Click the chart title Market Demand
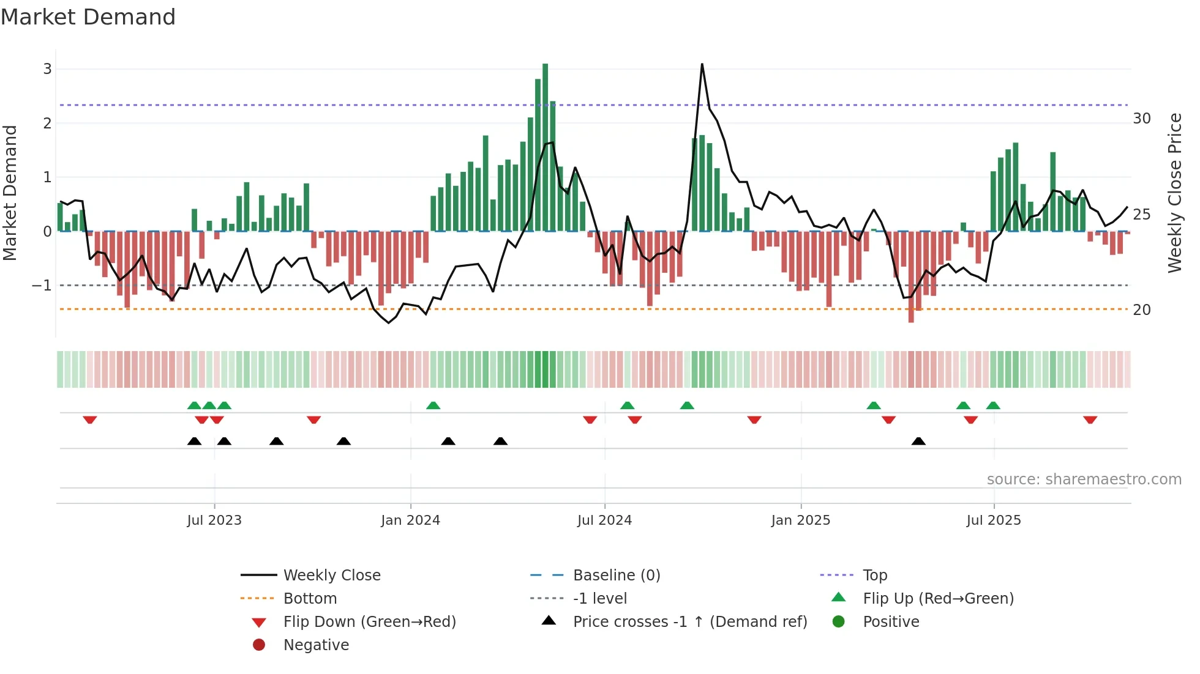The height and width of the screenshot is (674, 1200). pyautogui.click(x=88, y=17)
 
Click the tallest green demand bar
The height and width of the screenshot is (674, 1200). pyautogui.click(x=545, y=147)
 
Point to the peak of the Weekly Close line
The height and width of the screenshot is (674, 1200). pyautogui.click(x=702, y=64)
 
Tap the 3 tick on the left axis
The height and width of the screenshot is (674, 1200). pyautogui.click(x=47, y=69)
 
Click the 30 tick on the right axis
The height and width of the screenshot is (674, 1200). pyautogui.click(x=1142, y=119)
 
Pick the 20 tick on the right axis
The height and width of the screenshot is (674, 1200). pyautogui.click(x=1142, y=310)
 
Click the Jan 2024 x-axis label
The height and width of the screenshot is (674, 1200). pyautogui.click(x=410, y=520)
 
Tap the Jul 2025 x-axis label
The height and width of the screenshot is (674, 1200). pyautogui.click(x=994, y=520)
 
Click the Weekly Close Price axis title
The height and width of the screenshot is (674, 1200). pyautogui.click(x=1174, y=193)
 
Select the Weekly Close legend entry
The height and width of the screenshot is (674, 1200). pyautogui.click(x=331, y=576)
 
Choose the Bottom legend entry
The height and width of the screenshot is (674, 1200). pyautogui.click(x=310, y=599)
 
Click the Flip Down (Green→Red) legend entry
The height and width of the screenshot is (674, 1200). pyautogui.click(x=369, y=622)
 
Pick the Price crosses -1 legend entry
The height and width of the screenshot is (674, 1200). pyautogui.click(x=689, y=622)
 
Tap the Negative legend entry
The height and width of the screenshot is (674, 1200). pyautogui.click(x=316, y=645)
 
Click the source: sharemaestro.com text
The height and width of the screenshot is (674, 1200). pyautogui.click(x=1084, y=480)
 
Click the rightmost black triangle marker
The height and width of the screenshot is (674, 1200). pyautogui.click(x=918, y=442)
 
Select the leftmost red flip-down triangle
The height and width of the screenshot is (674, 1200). pyautogui.click(x=90, y=420)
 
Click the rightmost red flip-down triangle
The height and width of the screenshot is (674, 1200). pyautogui.click(x=1090, y=420)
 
